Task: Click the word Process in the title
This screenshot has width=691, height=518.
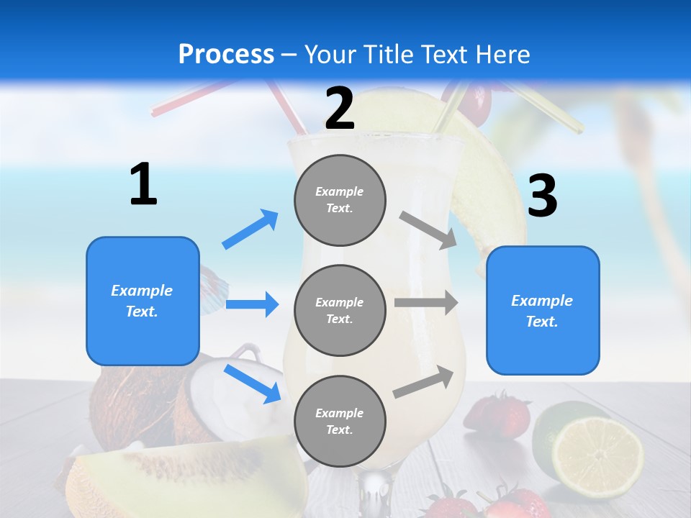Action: (x=226, y=55)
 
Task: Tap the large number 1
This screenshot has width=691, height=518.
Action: (x=143, y=185)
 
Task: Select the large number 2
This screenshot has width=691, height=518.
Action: (x=340, y=109)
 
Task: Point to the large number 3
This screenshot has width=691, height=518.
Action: (x=542, y=196)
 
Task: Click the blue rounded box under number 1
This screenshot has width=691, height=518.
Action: (x=143, y=301)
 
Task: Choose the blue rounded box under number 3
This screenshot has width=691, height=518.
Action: (x=543, y=310)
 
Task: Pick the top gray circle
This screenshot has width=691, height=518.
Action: (x=340, y=200)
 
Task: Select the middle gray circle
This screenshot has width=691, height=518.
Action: (x=340, y=310)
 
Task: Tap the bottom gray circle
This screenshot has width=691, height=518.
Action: (x=340, y=421)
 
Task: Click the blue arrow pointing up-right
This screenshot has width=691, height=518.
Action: (x=250, y=229)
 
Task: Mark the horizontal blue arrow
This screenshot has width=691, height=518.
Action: (x=252, y=304)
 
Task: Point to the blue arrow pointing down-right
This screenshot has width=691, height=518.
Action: (x=253, y=383)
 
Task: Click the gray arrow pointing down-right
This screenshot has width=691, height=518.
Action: (x=428, y=230)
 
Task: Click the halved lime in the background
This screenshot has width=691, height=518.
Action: (x=597, y=448)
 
